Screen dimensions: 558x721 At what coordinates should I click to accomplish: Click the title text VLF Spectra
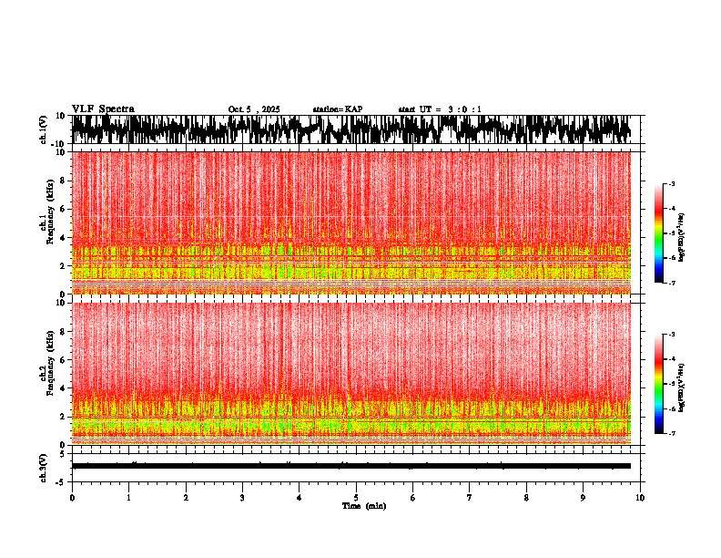pyautogui.click(x=103, y=108)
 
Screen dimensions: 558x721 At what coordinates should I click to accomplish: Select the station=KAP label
pyautogui.click(x=337, y=109)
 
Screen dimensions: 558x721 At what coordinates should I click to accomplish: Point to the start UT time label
pyautogui.click(x=440, y=109)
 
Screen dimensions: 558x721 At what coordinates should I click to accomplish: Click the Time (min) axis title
pyautogui.click(x=363, y=506)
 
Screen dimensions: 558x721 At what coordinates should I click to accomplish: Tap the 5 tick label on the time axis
pyautogui.click(x=356, y=498)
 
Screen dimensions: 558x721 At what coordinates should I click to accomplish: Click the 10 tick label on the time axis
pyautogui.click(x=640, y=498)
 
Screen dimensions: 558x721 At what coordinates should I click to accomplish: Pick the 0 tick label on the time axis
pyautogui.click(x=72, y=498)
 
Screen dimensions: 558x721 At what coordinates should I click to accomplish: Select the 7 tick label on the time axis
pyautogui.click(x=470, y=498)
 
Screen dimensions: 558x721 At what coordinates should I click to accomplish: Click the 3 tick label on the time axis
pyautogui.click(x=242, y=498)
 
